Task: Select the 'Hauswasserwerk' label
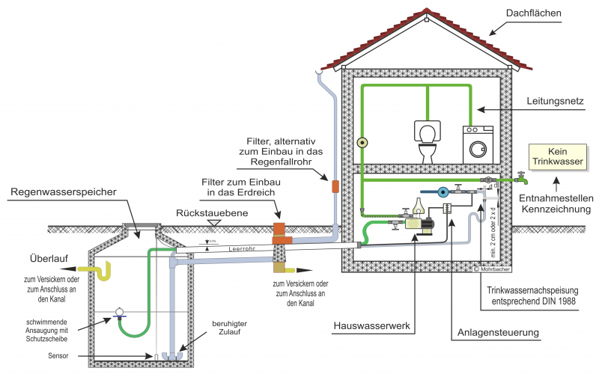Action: pyautogui.click(x=369, y=327)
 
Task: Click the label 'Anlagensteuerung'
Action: pyautogui.click(x=489, y=331)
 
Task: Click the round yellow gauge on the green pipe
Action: pyautogui.click(x=362, y=143)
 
